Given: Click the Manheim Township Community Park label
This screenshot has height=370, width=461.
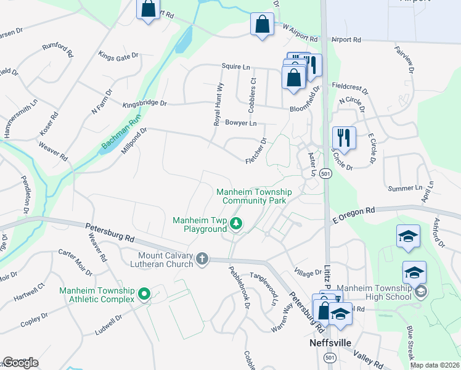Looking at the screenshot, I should (254, 196).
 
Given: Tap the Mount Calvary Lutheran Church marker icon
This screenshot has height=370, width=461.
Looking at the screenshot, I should (203, 260).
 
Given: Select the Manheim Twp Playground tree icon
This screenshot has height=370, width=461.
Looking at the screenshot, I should (236, 224).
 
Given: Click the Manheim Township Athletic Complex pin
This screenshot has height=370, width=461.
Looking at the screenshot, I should (145, 295).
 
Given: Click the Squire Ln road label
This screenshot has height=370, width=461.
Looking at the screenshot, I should (235, 66).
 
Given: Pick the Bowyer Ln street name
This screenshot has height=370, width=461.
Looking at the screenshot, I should (240, 123).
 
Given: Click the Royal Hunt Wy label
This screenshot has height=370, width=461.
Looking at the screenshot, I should (218, 105).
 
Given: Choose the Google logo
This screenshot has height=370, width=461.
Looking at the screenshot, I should (20, 363).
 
